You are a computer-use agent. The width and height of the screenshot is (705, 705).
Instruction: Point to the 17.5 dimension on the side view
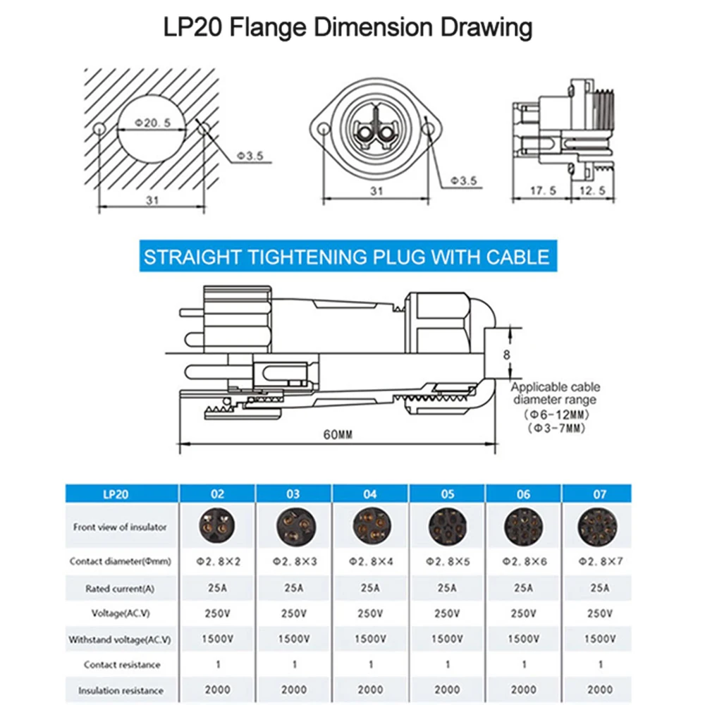[543, 191]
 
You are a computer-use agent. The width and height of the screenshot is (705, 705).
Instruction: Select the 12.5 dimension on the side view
[592, 191]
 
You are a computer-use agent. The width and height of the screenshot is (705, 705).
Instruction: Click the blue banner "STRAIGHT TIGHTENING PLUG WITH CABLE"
[346, 256]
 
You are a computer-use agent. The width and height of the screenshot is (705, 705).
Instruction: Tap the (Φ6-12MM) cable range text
[558, 415]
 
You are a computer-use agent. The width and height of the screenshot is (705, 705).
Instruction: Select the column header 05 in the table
[447, 494]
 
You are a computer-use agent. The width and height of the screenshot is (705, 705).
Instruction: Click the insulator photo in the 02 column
[217, 526]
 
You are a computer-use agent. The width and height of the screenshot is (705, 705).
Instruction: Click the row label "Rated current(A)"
[120, 588]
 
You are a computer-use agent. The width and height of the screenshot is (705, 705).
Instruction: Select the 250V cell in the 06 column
[523, 613]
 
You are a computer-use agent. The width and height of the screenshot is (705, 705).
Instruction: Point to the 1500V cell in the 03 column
[294, 639]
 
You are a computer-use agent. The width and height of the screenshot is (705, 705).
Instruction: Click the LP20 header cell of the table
[120, 494]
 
